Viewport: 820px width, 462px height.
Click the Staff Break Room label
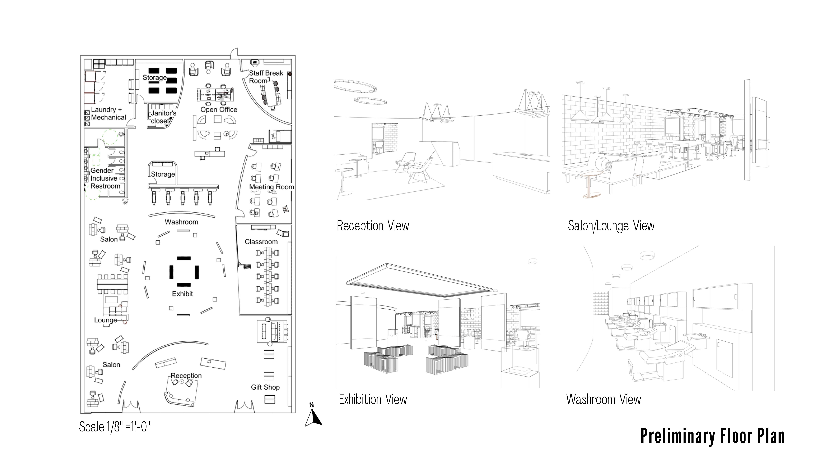point(266,77)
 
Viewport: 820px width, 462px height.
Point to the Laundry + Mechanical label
point(108,114)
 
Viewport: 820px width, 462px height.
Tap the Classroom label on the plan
point(261,242)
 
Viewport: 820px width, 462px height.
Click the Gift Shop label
point(265,387)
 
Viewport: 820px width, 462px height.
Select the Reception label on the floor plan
point(186,376)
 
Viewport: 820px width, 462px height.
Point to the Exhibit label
point(182,294)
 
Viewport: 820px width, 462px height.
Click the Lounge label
point(105,320)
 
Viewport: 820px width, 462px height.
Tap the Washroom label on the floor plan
point(181,222)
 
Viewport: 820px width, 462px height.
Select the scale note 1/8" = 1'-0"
point(115,427)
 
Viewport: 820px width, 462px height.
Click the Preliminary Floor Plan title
point(712,436)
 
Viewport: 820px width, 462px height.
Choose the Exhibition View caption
point(373,399)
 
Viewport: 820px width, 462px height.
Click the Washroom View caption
point(603,399)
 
